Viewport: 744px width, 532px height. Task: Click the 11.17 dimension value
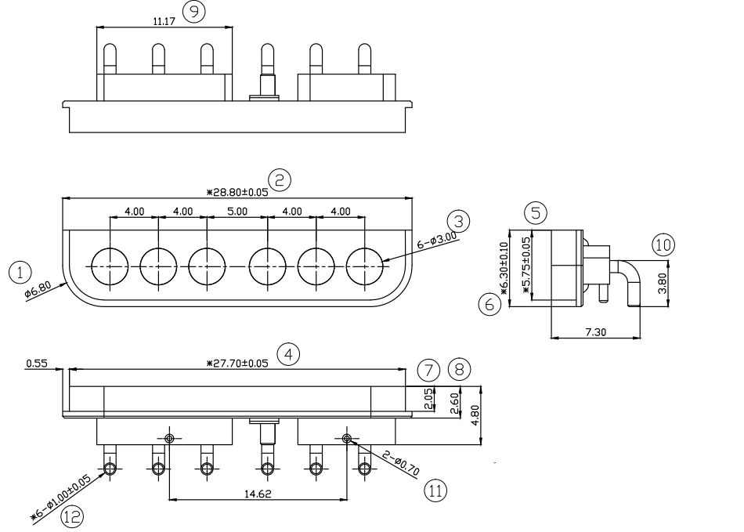coord(164,21)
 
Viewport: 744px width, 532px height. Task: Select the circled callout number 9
coord(194,13)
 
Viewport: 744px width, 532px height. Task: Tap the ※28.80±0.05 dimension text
coord(237,192)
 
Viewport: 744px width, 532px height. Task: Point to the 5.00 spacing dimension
coord(237,212)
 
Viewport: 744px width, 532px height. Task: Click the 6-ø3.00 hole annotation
coord(437,241)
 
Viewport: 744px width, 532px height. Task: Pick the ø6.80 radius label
coord(38,291)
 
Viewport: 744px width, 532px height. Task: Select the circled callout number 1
coord(20,273)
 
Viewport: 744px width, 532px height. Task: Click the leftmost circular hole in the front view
coord(110,266)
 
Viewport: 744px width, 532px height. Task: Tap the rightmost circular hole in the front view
coord(364,266)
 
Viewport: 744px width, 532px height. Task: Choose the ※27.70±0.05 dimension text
coord(237,364)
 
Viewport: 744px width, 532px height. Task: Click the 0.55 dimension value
coord(37,364)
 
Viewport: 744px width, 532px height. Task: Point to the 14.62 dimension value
coord(258,494)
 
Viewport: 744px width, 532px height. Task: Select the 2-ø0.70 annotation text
coord(401,463)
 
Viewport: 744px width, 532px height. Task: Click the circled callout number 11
coord(435,490)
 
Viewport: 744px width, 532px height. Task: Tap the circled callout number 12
coord(72,516)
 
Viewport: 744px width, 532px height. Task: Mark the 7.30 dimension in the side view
coord(595,332)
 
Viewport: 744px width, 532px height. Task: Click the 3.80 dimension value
coord(663,284)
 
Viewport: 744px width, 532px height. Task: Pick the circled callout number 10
coord(663,245)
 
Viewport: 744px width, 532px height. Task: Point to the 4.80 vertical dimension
coord(475,415)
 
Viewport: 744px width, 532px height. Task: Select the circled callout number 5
coord(536,212)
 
